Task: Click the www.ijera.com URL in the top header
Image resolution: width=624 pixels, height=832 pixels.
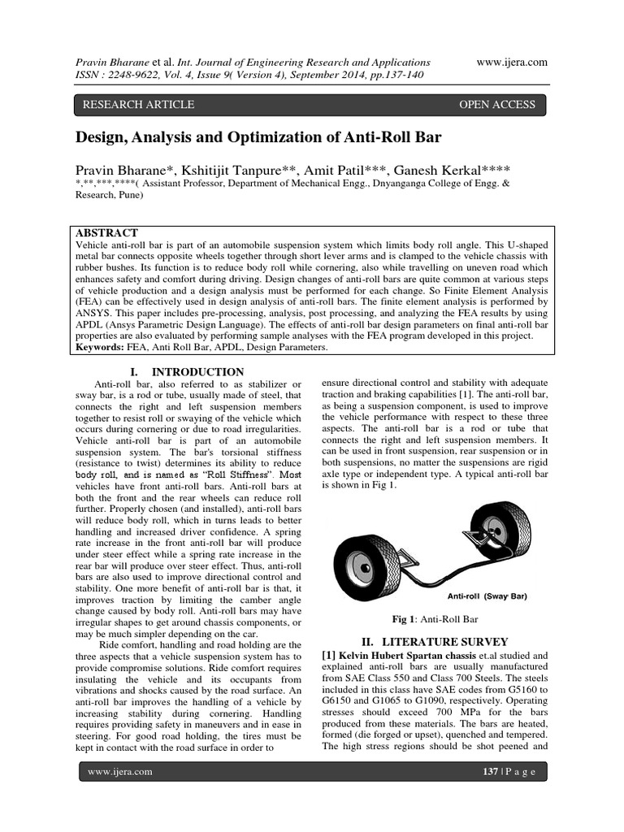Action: coord(513,62)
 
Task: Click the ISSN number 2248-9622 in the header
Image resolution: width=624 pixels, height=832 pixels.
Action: coord(138,76)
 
